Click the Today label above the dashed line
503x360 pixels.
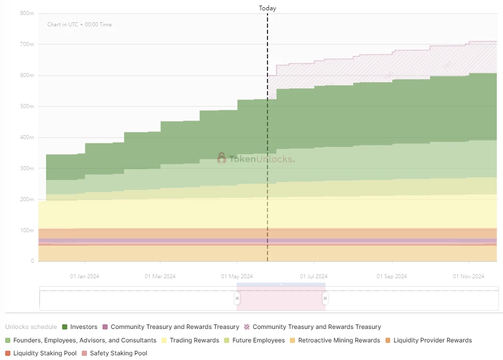click(x=268, y=8)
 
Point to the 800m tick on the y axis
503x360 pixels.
click(x=27, y=13)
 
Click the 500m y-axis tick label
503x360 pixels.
click(x=27, y=107)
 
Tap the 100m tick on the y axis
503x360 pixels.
click(x=27, y=230)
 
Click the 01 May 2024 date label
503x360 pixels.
click(x=236, y=276)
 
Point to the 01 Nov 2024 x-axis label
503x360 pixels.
click(x=468, y=276)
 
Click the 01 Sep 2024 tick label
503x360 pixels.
click(x=392, y=276)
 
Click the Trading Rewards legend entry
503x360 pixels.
click(x=187, y=340)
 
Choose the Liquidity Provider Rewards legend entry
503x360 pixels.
click(x=432, y=340)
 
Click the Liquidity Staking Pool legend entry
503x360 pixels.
click(x=45, y=353)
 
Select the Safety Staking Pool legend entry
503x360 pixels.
click(x=118, y=353)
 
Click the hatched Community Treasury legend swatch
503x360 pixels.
click(x=247, y=327)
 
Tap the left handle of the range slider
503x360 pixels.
click(x=237, y=298)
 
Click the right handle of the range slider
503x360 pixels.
click(x=325, y=298)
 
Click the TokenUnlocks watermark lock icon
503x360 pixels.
click(x=221, y=158)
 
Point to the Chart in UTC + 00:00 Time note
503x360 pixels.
click(x=79, y=25)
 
